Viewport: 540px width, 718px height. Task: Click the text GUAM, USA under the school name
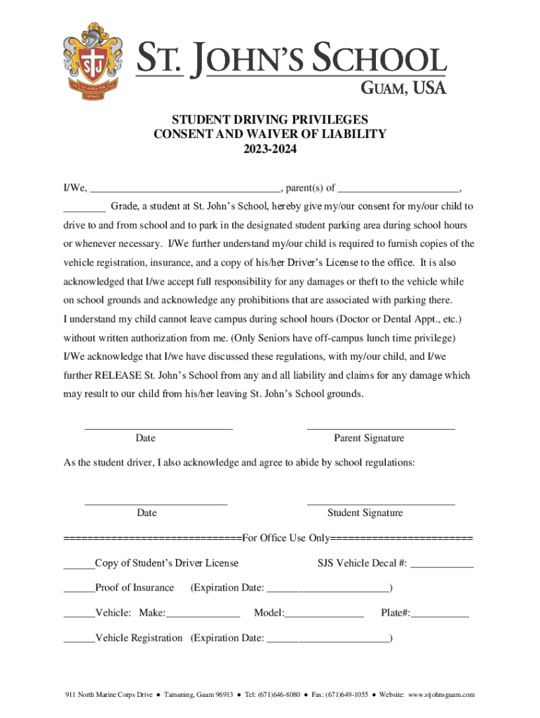click(403, 87)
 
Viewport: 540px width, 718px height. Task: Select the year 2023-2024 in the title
click(270, 149)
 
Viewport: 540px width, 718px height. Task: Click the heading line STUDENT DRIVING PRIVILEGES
click(270, 119)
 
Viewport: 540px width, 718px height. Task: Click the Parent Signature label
click(369, 438)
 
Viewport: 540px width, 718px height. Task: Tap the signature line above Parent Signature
click(381, 427)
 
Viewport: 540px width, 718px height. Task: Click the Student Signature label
click(365, 513)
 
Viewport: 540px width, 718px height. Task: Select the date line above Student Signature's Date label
click(156, 503)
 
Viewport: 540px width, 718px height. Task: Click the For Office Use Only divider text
click(285, 538)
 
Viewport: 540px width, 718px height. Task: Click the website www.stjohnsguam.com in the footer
click(441, 695)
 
